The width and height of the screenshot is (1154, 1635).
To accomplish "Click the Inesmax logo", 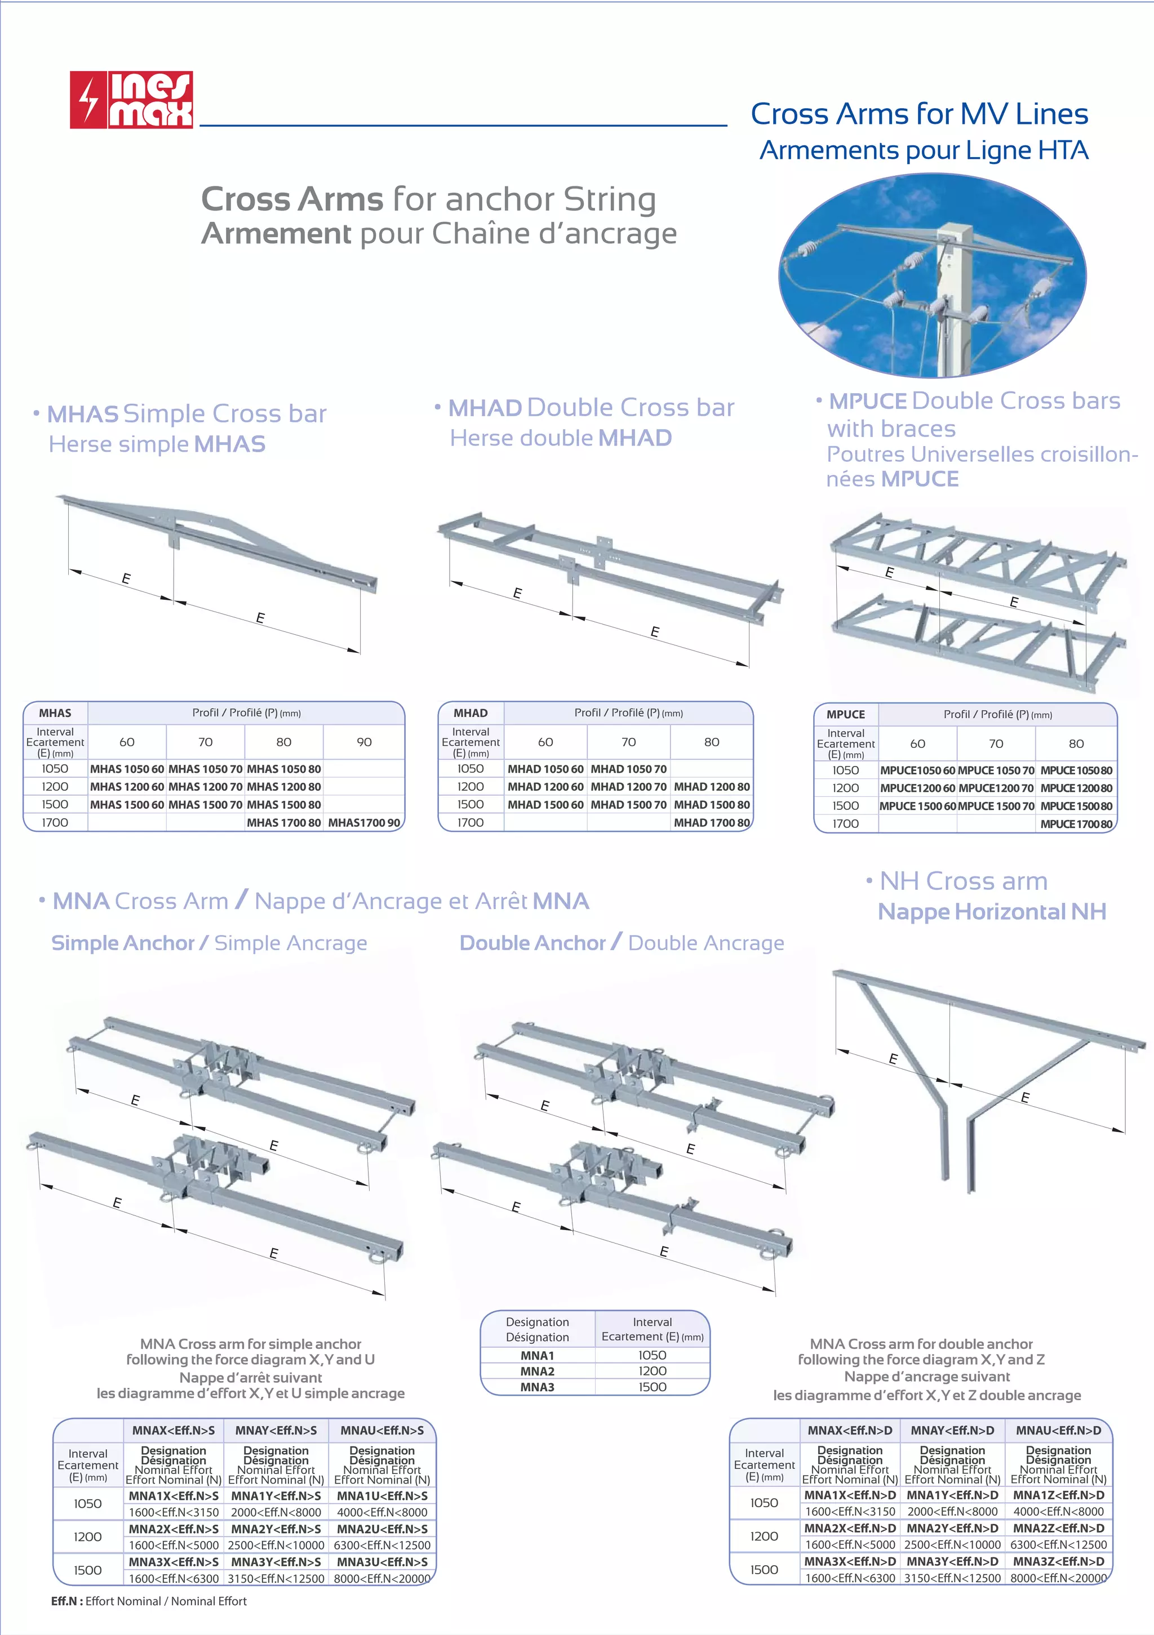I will [131, 100].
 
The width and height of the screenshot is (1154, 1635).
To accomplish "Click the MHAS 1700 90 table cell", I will [364, 822].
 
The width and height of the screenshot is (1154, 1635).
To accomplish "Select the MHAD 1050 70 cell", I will [628, 769].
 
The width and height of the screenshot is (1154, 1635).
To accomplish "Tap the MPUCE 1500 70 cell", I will [996, 806].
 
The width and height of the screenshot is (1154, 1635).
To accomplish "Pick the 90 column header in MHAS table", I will [364, 742].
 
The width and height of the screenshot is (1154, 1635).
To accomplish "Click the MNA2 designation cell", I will [537, 1371].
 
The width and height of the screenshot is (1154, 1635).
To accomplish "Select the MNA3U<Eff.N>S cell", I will [382, 1562].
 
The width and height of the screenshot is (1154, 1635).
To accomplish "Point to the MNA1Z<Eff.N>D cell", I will [1059, 1495].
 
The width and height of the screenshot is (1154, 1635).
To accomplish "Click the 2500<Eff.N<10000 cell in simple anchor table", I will [276, 1545].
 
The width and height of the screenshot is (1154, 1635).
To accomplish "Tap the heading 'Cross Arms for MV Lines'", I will [919, 114].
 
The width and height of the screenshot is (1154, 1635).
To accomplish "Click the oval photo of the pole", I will [932, 277].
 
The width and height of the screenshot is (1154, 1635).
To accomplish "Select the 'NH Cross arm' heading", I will [963, 881].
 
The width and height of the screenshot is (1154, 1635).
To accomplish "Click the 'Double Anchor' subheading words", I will [532, 943].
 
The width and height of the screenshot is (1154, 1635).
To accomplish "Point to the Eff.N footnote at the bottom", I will [149, 1601].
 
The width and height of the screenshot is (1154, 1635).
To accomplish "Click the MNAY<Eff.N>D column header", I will [952, 1430].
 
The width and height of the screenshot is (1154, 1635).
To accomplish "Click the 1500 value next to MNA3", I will [652, 1387].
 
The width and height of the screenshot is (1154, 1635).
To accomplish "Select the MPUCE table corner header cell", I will [846, 714].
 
